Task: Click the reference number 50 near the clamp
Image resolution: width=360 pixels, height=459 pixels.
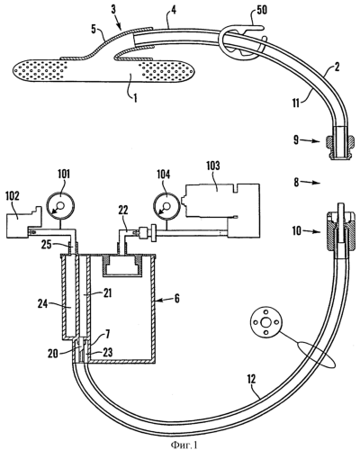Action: point(260,10)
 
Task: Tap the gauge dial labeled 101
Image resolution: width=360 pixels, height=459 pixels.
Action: point(60,206)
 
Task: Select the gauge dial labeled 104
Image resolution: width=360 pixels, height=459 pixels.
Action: point(166,207)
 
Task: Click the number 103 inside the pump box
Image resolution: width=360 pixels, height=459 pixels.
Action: point(212,166)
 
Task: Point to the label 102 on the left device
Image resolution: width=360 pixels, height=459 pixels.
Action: point(13,195)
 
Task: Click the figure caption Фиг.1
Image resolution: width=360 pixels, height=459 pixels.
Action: point(184,445)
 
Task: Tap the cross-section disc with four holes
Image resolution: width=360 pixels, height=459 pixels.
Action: point(265,323)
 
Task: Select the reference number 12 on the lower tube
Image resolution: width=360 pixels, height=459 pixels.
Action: point(251,380)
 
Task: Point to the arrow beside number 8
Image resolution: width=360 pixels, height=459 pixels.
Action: point(310,183)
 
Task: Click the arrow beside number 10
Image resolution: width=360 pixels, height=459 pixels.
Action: point(311,231)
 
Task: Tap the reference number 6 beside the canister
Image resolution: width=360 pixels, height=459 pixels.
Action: point(177,299)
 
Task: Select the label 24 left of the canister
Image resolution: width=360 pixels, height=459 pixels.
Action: point(43,304)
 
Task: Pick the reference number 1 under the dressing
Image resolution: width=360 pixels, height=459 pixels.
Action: point(135,98)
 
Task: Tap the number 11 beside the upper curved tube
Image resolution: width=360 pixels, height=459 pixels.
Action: point(296,103)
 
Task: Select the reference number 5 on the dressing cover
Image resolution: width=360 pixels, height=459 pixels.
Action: point(94,31)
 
